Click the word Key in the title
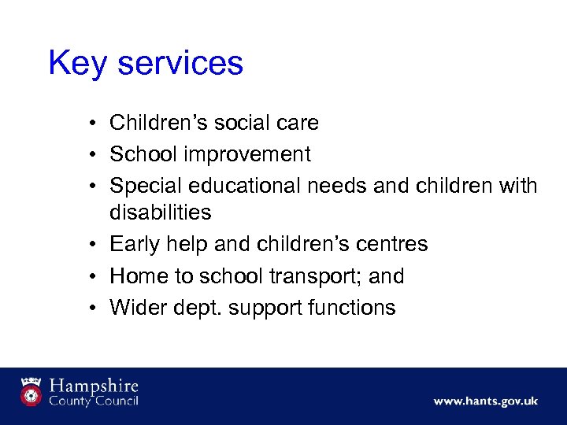pyautogui.click(x=76, y=64)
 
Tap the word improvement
pyautogui.click(x=256, y=154)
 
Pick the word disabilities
pyautogui.click(x=161, y=213)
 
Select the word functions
pyautogui.click(x=354, y=308)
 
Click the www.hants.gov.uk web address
pyautogui.click(x=485, y=401)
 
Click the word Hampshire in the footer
pyautogui.click(x=94, y=386)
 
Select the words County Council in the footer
pyautogui.click(x=94, y=401)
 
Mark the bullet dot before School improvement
pyautogui.click(x=93, y=155)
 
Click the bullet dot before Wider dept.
pyautogui.click(x=93, y=309)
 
